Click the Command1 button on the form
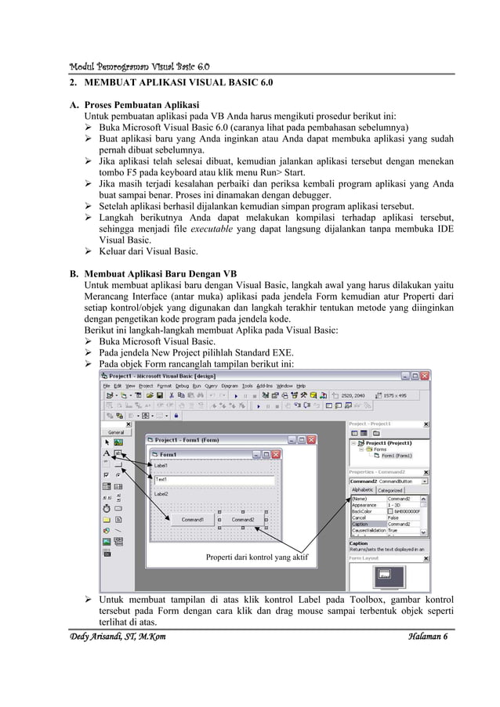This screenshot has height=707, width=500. tap(193, 519)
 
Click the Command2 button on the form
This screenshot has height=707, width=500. tap(242, 519)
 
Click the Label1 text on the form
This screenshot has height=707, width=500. tap(161, 466)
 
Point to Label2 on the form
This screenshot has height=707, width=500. tap(161, 495)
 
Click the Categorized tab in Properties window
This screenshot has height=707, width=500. tap(391, 490)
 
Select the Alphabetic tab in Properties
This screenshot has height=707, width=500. tap(363, 490)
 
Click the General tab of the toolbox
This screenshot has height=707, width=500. tap(115, 431)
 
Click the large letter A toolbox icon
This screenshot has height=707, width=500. tap(107, 453)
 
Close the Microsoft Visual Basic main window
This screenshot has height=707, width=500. tap(426, 376)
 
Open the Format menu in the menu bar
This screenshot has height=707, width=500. tap(165, 386)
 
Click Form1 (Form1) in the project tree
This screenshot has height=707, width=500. tap(400, 455)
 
